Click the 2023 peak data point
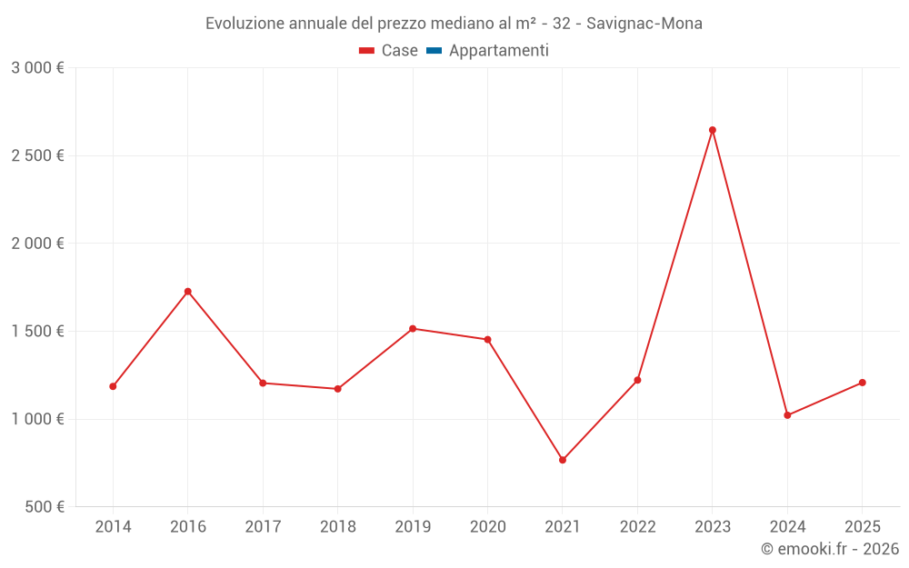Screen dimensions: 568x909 click(x=713, y=130)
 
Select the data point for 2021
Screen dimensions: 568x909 click(x=563, y=460)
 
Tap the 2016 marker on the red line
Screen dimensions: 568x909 click(x=188, y=292)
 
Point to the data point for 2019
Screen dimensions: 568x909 click(x=413, y=328)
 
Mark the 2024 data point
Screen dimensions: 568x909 click(x=787, y=415)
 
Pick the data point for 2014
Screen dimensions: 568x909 click(x=113, y=386)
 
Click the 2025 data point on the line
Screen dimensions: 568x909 click(x=863, y=383)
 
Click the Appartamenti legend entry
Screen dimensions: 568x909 click(x=498, y=51)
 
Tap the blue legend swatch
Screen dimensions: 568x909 click(x=434, y=51)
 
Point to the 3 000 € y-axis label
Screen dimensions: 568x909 click(x=37, y=68)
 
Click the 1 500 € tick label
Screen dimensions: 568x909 click(x=37, y=332)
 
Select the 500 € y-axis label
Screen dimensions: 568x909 click(x=43, y=507)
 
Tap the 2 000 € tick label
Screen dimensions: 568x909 click(x=37, y=244)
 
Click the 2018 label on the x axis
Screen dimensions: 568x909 click(x=338, y=527)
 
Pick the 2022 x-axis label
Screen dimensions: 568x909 click(x=637, y=527)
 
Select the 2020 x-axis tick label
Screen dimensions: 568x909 click(x=487, y=527)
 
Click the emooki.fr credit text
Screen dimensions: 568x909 click(x=830, y=549)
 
